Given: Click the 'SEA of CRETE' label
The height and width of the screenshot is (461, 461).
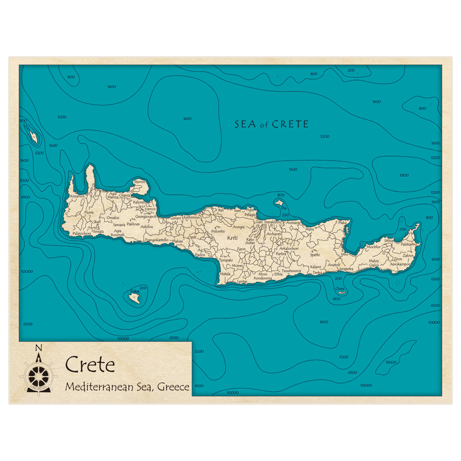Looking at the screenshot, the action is point(272,124).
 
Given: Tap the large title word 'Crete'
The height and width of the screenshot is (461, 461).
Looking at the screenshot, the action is point(90,365).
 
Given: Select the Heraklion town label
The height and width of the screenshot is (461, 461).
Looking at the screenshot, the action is point(272,222).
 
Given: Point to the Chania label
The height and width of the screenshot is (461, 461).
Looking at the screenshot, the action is point(124,195).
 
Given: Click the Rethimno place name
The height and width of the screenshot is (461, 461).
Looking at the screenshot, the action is point(191,217).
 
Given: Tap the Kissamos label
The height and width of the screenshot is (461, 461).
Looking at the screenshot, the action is point(77,196).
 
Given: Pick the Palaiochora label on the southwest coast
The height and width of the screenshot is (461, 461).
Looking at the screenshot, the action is point(82,234).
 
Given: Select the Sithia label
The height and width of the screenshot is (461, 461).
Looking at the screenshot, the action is point(389,240).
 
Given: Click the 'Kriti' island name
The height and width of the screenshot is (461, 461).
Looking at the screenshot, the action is point(233,238).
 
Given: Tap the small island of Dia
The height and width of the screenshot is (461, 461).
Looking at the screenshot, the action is point(279,202).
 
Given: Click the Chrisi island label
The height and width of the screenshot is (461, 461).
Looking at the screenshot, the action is point(340,289).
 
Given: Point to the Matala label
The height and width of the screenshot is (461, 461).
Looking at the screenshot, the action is point(225,274).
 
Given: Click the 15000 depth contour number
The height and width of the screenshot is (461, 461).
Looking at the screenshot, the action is point(390,362).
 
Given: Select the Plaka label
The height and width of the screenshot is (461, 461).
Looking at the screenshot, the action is point(342,223).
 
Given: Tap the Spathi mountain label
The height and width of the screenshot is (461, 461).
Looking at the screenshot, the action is point(315,254).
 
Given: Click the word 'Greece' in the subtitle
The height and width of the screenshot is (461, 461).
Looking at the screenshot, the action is point(173,387).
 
